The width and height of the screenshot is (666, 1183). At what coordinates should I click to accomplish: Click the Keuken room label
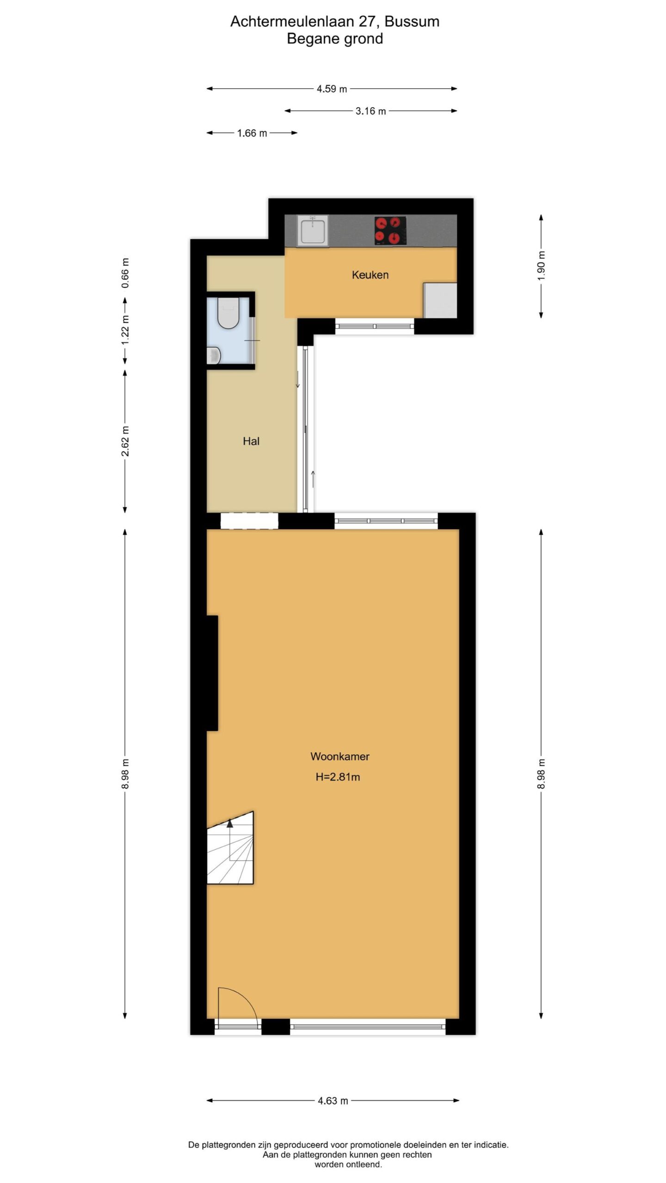tap(370, 275)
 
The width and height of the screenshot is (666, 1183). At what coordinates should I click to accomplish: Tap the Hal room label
tap(251, 441)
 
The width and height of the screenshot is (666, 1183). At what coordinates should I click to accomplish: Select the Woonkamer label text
tap(340, 756)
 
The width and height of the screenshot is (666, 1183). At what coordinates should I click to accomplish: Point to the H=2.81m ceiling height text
tap(338, 777)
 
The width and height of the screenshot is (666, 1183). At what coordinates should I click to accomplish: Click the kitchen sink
tap(314, 231)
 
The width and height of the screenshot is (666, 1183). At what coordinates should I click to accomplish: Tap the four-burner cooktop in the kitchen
tap(390, 230)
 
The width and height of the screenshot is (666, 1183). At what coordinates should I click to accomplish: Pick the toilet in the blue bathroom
tap(228, 313)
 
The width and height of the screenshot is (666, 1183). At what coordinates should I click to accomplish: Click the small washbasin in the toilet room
tap(214, 355)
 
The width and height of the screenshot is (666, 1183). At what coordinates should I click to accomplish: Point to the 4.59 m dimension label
tap(332, 89)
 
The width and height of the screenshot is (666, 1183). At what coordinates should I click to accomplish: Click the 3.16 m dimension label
tap(370, 111)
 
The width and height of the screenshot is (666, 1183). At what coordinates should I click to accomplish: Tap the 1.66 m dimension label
tap(252, 133)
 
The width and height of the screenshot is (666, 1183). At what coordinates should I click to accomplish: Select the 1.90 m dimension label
tap(542, 265)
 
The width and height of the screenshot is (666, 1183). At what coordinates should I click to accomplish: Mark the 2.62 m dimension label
tap(125, 441)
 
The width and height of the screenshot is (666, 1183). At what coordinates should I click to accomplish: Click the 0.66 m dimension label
tap(125, 273)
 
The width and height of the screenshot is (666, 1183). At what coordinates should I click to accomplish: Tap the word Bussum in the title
tap(412, 21)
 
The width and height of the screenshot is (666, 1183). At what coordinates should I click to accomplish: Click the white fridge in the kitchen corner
tap(440, 300)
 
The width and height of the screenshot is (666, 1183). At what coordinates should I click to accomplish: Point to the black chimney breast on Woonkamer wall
tap(212, 673)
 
